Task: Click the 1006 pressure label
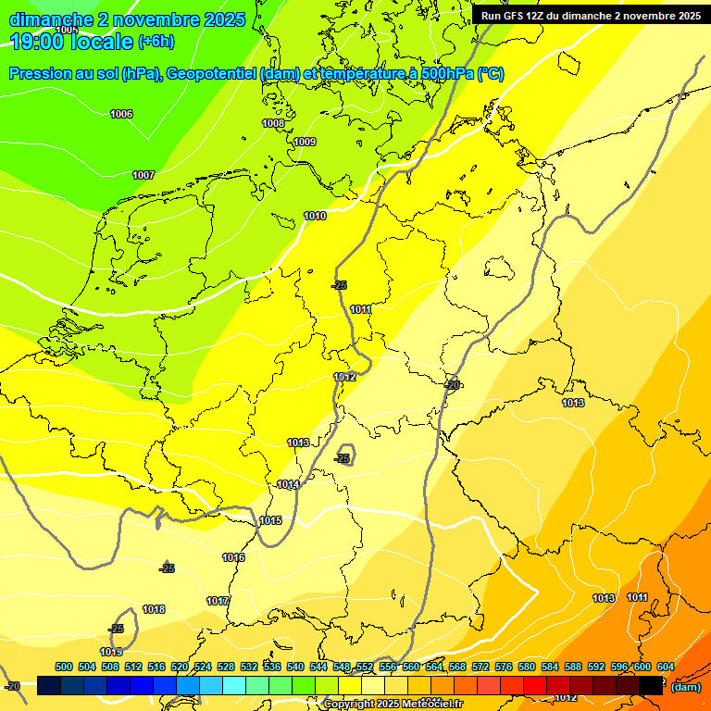121,114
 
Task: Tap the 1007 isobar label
143,175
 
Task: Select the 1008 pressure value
273,123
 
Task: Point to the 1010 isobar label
315,216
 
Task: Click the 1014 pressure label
288,484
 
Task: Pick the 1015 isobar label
270,520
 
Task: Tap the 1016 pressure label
233,557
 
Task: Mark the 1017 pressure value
218,601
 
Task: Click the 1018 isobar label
154,609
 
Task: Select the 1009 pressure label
305,142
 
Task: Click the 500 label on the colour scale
64,667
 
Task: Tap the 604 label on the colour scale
666,667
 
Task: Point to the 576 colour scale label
504,667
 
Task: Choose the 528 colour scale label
226,667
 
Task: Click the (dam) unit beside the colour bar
685,687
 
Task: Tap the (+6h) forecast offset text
156,42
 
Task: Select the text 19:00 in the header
37,42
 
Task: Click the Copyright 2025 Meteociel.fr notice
393,705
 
